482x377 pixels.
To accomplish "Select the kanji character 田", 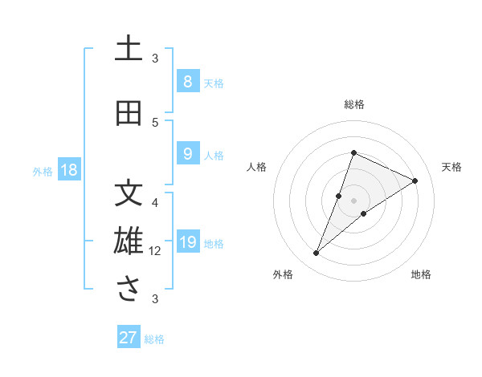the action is pos(129,113).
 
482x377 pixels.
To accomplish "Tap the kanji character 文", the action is pos(129,193).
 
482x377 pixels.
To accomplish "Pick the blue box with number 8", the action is pos(187,82).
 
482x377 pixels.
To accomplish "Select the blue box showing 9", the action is pos(187,154).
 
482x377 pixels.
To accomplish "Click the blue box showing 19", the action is pos(187,242).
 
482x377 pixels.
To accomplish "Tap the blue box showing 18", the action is pos(68,170).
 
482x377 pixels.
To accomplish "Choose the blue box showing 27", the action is pos(129,338).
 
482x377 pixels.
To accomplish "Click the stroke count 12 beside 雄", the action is pos(155,251).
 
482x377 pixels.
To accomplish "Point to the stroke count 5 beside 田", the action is pos(155,122).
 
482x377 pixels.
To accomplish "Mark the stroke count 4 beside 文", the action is pos(155,202).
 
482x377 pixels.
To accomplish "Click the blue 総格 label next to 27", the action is pos(154,339).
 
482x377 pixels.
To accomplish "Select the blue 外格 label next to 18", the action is pos(43,171).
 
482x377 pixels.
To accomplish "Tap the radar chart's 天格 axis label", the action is pos(452,167).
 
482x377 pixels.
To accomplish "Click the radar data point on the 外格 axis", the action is pos(317,253).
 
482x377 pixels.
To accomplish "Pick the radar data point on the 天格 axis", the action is pos(415,180).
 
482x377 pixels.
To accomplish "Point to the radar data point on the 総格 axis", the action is pos(353,152).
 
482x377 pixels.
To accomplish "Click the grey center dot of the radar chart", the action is pos(353,201).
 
